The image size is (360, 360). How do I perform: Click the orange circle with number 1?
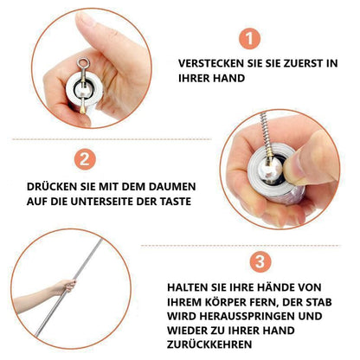pyautogui.click(x=249, y=38)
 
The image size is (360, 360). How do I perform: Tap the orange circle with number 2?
pyautogui.click(x=85, y=159)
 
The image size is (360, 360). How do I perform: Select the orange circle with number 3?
pyautogui.click(x=260, y=261)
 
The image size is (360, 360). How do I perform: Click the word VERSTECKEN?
pyautogui.click(x=211, y=63)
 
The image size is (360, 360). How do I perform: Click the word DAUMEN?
pyautogui.click(x=172, y=187)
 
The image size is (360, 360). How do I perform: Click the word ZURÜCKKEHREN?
pyautogui.click(x=209, y=344)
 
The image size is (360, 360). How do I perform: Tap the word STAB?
pyautogui.click(x=318, y=302)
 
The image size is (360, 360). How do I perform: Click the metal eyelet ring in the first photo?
pyautogui.click(x=83, y=62)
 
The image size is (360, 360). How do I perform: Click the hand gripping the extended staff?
pyautogui.click(x=66, y=286)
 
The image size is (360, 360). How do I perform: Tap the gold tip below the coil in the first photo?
pyautogui.click(x=82, y=109)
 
